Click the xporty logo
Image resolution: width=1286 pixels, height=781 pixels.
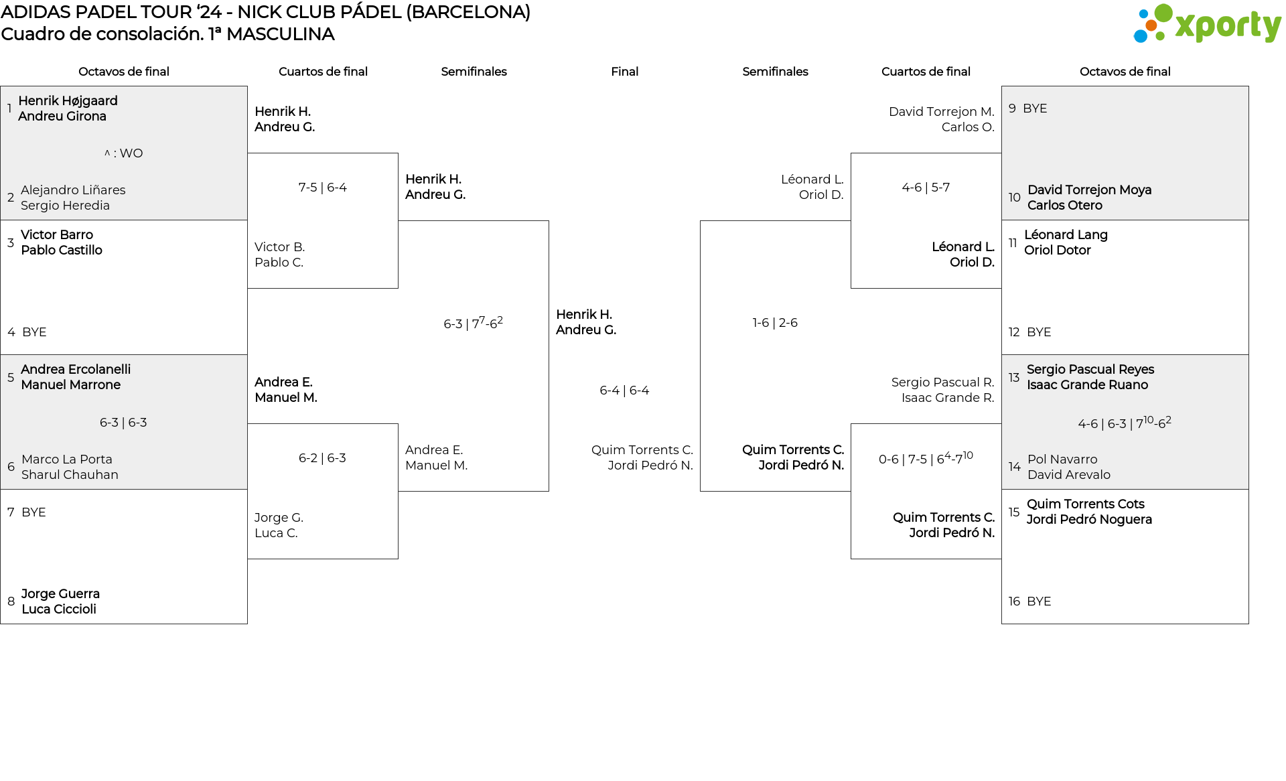[x=1207, y=24]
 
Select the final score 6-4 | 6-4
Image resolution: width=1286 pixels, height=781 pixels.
[x=624, y=390]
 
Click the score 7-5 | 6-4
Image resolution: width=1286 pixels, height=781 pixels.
[x=322, y=188]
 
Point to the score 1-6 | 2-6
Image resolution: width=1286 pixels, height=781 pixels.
[x=775, y=323]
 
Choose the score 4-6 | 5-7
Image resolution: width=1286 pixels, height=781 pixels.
[x=926, y=188]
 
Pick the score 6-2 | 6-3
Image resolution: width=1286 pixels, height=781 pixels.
[x=322, y=458]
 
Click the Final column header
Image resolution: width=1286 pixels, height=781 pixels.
[x=624, y=72]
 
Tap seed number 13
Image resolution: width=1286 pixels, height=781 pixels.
[x=1014, y=377]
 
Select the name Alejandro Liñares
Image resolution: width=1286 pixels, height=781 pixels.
[x=73, y=190]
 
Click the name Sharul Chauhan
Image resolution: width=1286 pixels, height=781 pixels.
[x=70, y=475]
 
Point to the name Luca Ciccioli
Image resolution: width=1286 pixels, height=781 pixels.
[x=59, y=610]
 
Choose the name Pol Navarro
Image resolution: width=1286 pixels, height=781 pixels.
[x=1062, y=459]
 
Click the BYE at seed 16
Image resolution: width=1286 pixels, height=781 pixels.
[x=1039, y=601]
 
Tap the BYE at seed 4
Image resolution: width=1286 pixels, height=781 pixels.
[x=34, y=332]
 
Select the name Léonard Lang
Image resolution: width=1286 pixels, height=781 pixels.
[x=1066, y=235]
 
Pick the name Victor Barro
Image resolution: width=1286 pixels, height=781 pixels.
[x=57, y=235]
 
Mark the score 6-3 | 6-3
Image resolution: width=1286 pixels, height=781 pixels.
[x=123, y=423]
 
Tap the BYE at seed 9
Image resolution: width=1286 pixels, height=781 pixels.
[x=1035, y=109]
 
